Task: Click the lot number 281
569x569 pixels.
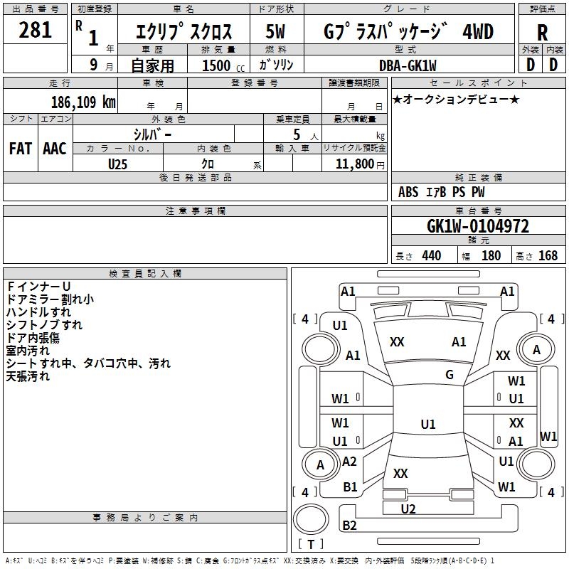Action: tap(36, 31)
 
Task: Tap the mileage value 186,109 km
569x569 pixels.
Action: tap(83, 102)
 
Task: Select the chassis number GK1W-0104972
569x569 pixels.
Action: tap(478, 226)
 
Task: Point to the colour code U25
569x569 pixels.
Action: tap(118, 164)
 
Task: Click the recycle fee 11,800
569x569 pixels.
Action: tap(354, 164)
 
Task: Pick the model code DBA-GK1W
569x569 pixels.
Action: tap(408, 65)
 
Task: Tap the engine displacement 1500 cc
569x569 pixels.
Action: tap(216, 65)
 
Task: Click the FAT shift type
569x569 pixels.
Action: tap(21, 149)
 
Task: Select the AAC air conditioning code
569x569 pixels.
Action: tap(55, 149)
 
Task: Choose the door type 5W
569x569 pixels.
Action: tap(276, 31)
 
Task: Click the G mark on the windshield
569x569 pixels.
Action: tap(450, 375)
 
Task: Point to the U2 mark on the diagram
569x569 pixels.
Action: tap(408, 509)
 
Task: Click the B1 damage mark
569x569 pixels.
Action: tap(350, 487)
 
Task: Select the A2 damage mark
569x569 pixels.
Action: tap(349, 461)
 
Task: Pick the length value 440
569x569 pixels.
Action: tap(431, 256)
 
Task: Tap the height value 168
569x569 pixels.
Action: tap(548, 256)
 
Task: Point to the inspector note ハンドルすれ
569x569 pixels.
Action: tap(38, 312)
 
